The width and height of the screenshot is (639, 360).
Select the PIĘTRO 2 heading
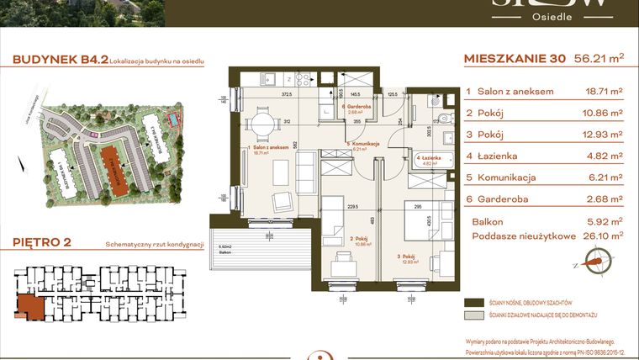tap(42, 243)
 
